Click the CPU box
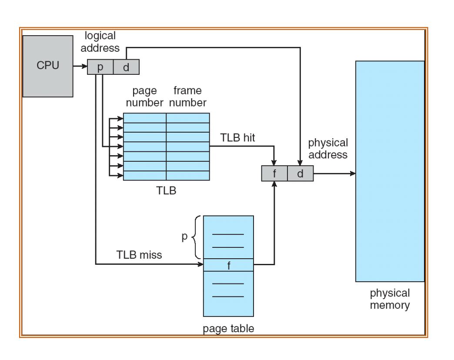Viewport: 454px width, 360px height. (48, 66)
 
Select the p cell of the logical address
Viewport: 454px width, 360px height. (100, 67)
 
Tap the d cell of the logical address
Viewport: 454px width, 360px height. (126, 67)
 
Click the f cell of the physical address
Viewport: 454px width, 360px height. (274, 173)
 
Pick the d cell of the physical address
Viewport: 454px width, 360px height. (300, 173)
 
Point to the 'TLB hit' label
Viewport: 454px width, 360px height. (237, 138)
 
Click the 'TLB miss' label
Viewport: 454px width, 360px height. (139, 255)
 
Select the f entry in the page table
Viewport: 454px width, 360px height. (228, 265)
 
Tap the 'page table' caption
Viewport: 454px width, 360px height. (228, 329)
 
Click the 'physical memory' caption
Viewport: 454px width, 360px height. (390, 299)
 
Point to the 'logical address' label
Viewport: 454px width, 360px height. (100, 42)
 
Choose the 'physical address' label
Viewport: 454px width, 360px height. (328, 148)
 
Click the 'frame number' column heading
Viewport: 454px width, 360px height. (187, 97)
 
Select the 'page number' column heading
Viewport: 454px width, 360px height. (144, 97)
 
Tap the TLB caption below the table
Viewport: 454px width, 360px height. (166, 191)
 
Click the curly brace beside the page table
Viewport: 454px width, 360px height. (196, 237)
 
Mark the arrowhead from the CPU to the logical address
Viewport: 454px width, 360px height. (84, 66)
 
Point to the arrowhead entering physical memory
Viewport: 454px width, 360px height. (353, 173)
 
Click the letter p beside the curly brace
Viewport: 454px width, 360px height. (184, 237)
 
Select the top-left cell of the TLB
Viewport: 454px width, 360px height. (145, 118)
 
